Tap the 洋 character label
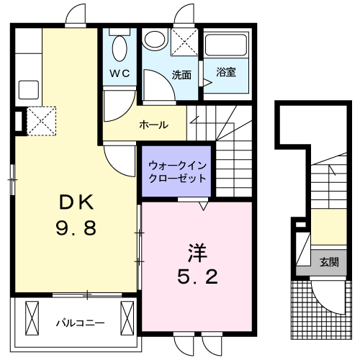click(x=197, y=254)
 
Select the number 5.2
click(x=197, y=276)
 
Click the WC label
click(x=119, y=74)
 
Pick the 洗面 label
click(x=181, y=74)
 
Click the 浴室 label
click(x=227, y=72)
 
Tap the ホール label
click(x=153, y=125)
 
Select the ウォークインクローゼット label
click(x=176, y=171)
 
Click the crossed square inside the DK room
click(x=41, y=119)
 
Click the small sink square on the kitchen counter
click(x=28, y=90)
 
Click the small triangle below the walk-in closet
click(x=203, y=207)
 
